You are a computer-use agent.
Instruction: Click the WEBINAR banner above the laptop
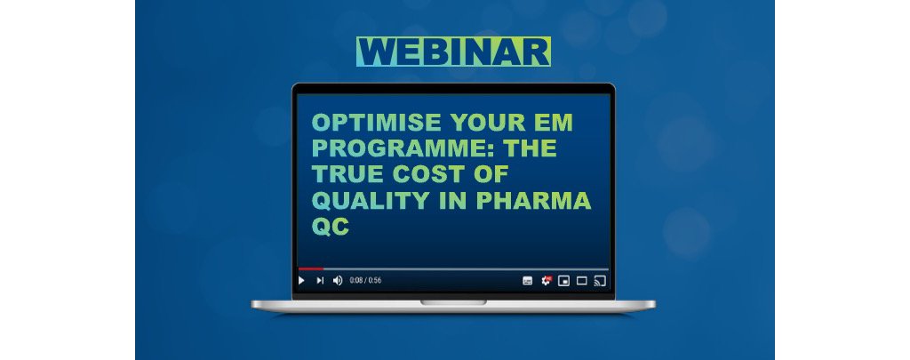[453, 52]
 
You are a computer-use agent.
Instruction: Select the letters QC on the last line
[327, 228]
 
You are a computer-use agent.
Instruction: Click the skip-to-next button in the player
[320, 280]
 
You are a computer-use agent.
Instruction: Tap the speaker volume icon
[338, 280]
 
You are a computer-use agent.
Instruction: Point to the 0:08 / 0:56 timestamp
[365, 280]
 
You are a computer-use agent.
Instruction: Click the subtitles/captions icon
[527, 281]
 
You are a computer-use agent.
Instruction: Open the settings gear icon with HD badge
[547, 280]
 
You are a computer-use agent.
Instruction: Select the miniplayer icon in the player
[563, 281]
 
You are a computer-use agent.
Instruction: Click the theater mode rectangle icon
[581, 281]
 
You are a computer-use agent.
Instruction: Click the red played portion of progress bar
[309, 268]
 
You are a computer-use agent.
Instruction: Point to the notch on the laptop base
[453, 302]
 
